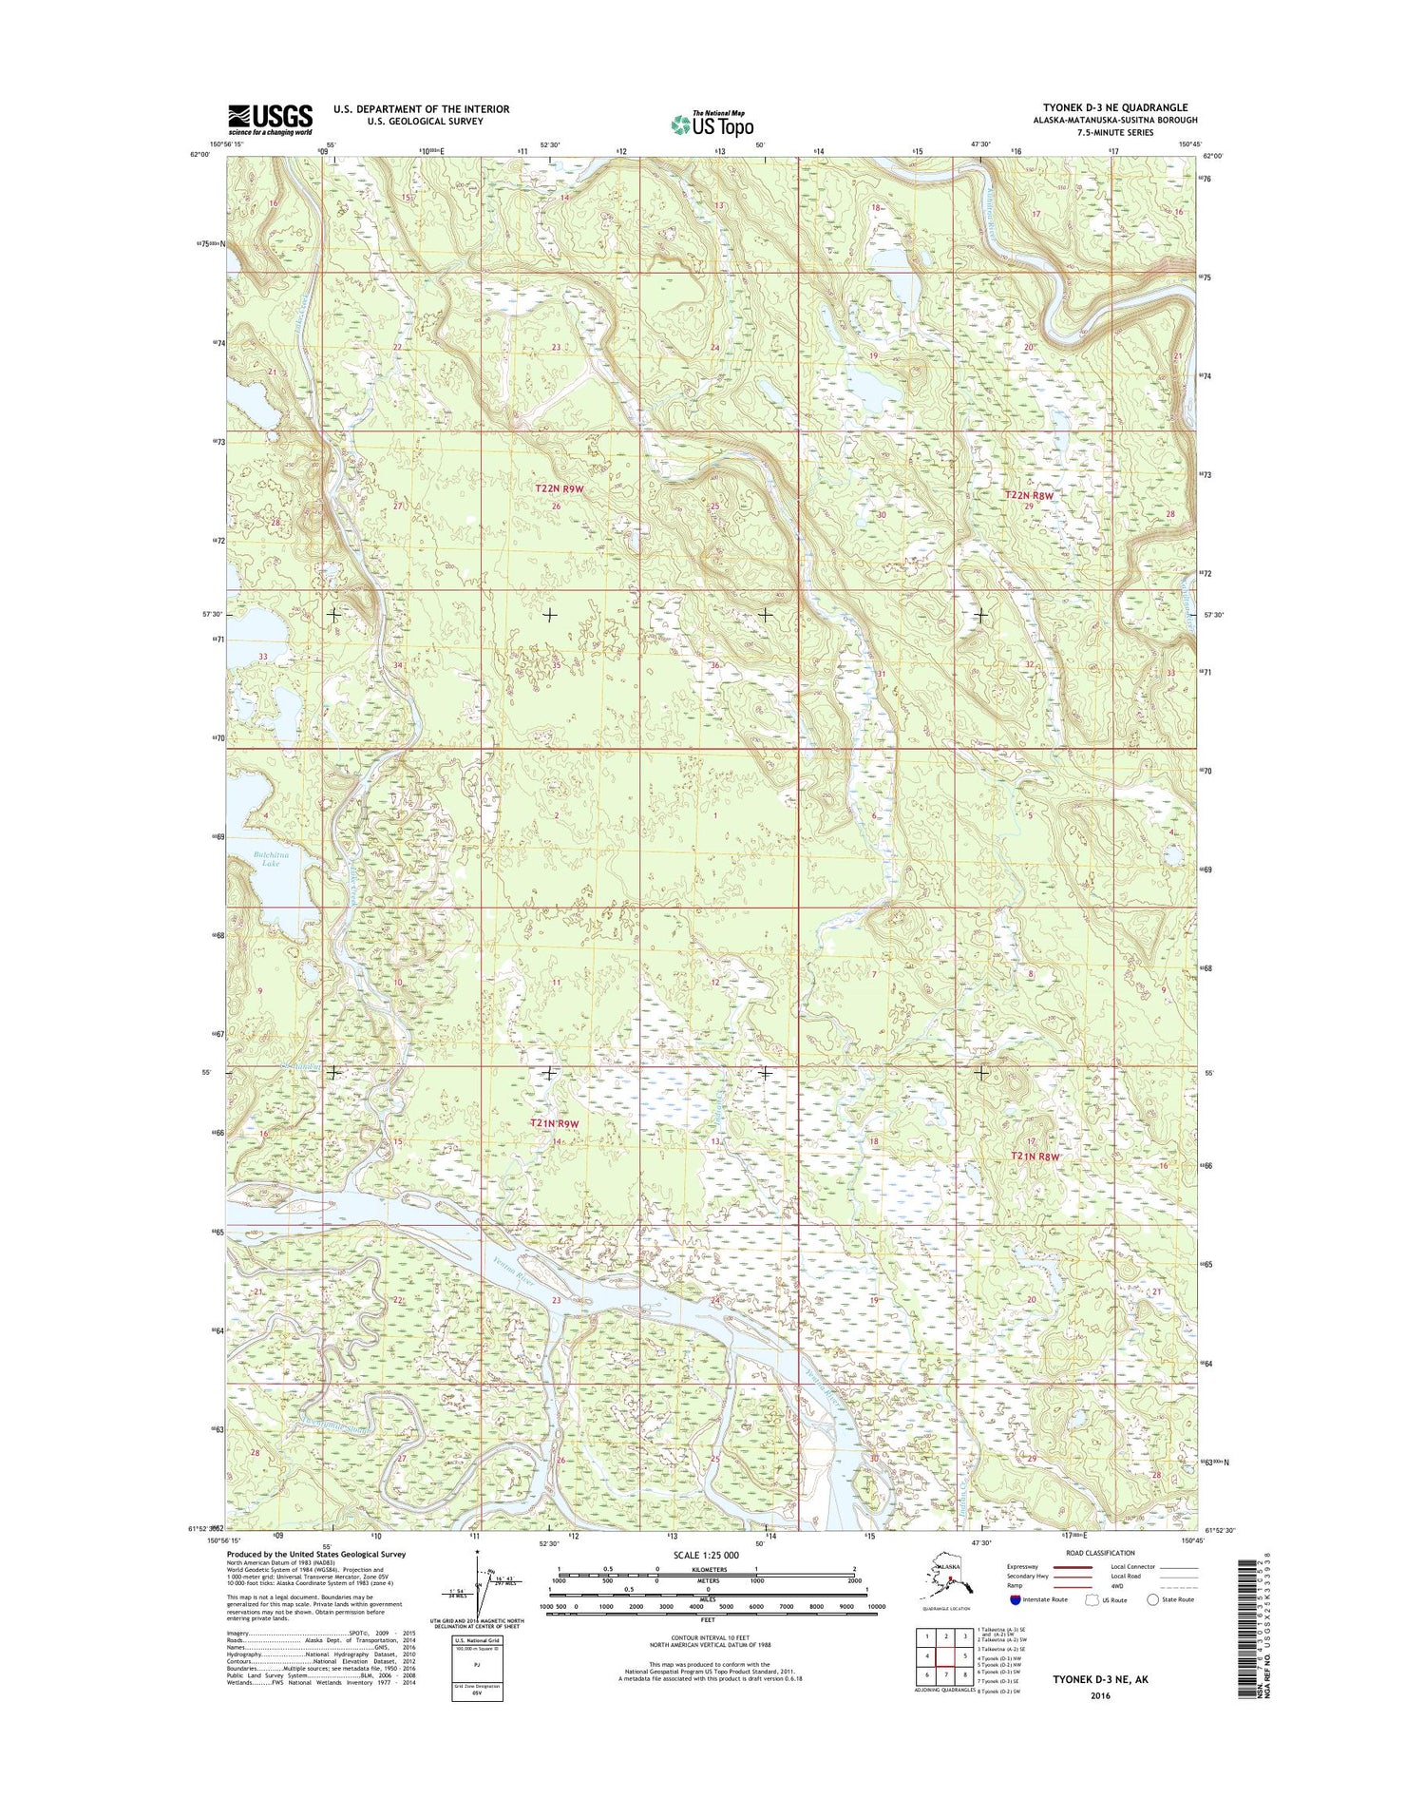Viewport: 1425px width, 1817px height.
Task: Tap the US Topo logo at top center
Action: [712, 124]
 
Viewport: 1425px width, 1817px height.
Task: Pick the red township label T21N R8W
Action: [1035, 1157]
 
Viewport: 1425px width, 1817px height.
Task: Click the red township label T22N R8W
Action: [1030, 495]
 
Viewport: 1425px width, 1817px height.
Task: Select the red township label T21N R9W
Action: [554, 1123]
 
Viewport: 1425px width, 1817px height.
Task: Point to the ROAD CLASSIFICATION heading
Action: [1102, 1553]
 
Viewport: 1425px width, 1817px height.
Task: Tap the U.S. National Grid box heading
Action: [478, 1641]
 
